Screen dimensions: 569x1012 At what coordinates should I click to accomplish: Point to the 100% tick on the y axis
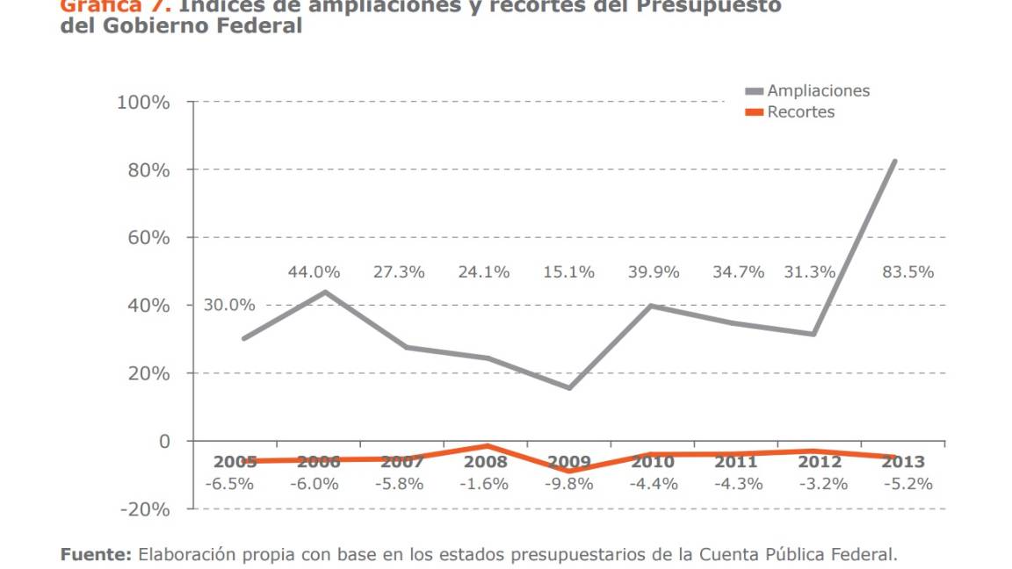(143, 102)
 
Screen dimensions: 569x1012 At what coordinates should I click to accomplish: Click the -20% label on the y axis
(142, 509)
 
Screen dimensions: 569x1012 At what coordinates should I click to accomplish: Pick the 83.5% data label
(907, 272)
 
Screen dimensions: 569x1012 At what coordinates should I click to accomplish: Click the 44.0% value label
(314, 272)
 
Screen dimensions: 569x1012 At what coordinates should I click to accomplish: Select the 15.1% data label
(568, 272)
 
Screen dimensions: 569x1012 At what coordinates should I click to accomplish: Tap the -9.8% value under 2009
(568, 484)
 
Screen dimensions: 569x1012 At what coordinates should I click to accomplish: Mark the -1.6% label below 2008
(485, 484)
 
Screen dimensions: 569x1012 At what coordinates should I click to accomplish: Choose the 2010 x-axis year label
(653, 462)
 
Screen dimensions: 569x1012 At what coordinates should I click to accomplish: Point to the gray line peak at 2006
(324, 292)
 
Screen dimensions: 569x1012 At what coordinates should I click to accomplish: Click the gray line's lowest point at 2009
(569, 388)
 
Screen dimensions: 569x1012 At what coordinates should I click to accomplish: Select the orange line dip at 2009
(569, 472)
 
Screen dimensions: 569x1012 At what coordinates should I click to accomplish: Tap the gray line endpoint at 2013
(895, 161)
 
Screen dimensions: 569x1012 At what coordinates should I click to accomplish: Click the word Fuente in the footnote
(96, 554)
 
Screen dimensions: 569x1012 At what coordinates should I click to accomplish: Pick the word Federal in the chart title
(261, 25)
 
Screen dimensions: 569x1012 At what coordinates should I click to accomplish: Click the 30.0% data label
(229, 306)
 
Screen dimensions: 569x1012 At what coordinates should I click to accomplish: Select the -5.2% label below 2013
(907, 484)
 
